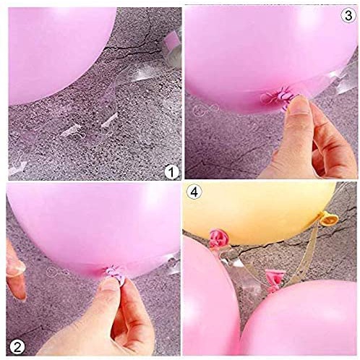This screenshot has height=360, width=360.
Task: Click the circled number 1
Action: (171, 172)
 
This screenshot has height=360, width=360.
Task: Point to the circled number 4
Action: (194, 193)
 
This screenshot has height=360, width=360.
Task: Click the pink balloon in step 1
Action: (65, 51)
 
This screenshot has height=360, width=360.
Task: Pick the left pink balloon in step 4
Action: (210, 304)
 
